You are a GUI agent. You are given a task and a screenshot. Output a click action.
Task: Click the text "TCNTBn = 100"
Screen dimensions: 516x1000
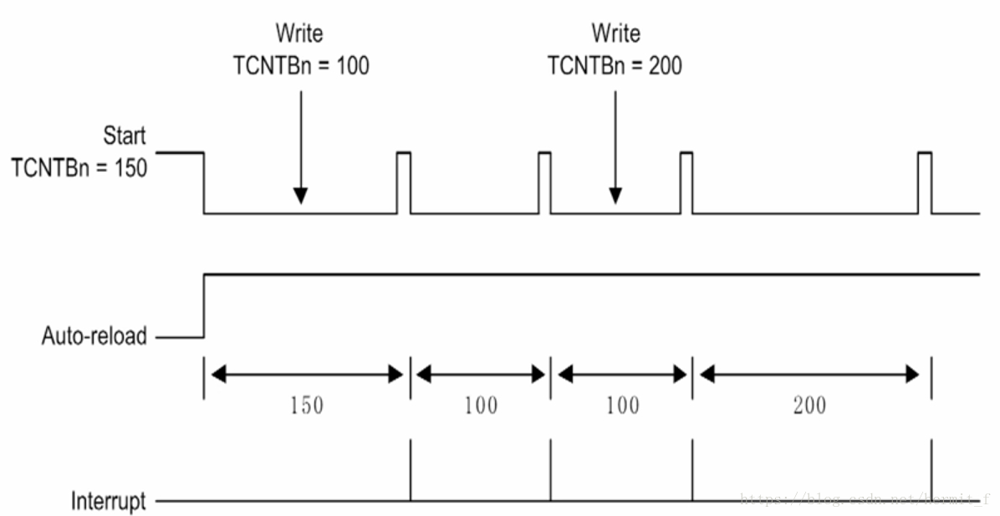click(x=300, y=65)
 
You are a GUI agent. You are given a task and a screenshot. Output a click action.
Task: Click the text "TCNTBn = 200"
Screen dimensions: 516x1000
click(x=615, y=65)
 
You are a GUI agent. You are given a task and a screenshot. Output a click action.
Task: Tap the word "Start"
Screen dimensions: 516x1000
click(x=124, y=135)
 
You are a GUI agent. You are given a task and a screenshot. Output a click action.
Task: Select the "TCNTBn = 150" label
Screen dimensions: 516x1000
click(x=79, y=167)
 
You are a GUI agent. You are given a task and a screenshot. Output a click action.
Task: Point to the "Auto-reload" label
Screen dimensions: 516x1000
click(x=94, y=337)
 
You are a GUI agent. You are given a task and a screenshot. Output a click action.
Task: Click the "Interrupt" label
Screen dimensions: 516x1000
click(x=108, y=502)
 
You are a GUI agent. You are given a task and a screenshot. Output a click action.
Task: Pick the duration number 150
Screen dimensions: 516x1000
click(x=306, y=406)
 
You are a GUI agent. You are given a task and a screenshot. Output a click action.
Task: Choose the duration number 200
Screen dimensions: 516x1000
click(x=809, y=406)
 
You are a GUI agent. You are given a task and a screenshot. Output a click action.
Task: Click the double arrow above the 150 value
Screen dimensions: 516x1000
click(x=306, y=375)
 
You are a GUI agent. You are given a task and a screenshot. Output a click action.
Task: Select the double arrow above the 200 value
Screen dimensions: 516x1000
click(x=810, y=375)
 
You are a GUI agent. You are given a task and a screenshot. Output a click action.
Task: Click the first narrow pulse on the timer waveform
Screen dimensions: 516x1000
click(x=404, y=181)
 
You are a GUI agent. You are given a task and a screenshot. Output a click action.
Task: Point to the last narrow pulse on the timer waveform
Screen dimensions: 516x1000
click(x=925, y=181)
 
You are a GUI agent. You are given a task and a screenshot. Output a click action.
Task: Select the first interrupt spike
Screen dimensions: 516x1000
click(x=411, y=472)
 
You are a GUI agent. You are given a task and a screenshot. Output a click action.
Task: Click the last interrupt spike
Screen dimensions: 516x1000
click(x=931, y=472)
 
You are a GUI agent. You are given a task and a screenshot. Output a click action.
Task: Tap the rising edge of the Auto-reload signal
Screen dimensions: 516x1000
click(x=204, y=305)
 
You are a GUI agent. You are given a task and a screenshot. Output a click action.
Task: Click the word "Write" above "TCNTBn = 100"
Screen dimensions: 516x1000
click(x=299, y=33)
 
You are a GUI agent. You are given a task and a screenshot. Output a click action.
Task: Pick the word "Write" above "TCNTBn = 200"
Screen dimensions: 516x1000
click(x=615, y=33)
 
